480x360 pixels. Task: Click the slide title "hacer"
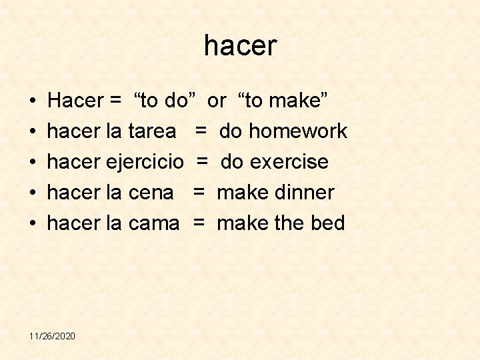pyautogui.click(x=240, y=46)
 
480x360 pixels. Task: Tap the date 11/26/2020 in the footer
pyautogui.click(x=52, y=335)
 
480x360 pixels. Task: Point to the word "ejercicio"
pyautogui.click(x=145, y=162)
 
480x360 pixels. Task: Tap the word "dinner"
pyautogui.click(x=303, y=193)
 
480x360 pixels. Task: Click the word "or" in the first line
pyautogui.click(x=217, y=101)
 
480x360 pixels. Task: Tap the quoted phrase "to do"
pyautogui.click(x=165, y=101)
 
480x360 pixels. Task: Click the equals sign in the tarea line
pyautogui.click(x=200, y=131)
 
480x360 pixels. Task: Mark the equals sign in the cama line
pyautogui.click(x=199, y=223)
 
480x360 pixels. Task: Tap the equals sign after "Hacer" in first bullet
pyautogui.click(x=115, y=101)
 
